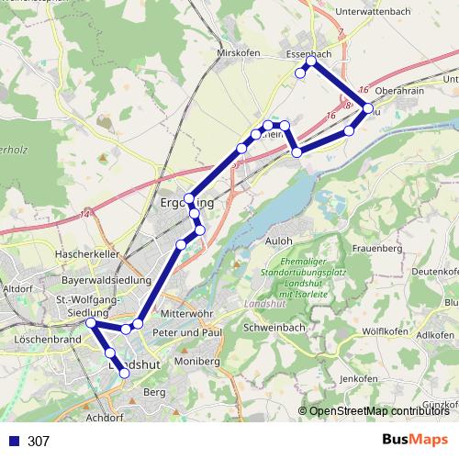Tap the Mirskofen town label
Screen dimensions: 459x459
(x=233, y=53)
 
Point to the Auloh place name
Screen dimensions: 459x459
(x=278, y=241)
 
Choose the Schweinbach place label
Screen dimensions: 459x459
(x=274, y=328)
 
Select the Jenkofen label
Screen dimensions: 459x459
(x=358, y=378)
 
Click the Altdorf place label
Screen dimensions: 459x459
(x=18, y=288)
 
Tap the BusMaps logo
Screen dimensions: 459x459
(x=416, y=440)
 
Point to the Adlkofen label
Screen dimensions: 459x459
(x=435, y=335)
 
